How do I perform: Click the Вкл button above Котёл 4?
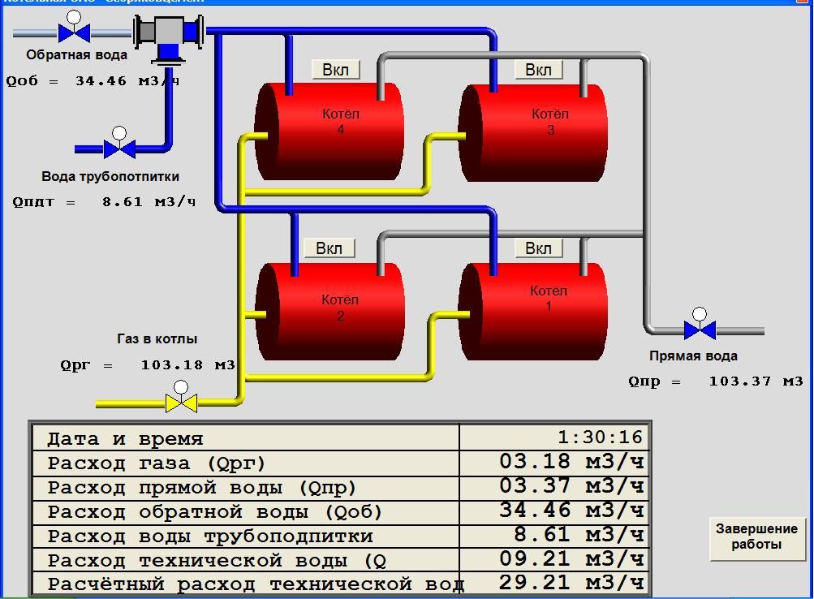coord(335,70)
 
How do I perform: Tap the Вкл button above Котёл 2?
coord(329,248)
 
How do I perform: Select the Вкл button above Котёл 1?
coord(538,248)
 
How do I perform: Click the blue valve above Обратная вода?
coord(74,32)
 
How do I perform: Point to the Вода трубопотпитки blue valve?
coord(119,149)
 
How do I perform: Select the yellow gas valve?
coord(181,403)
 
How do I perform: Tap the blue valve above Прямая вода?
coord(699,330)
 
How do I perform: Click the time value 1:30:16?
coord(600,437)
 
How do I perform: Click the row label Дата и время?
coord(125,439)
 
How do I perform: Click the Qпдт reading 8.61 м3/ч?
coord(149,202)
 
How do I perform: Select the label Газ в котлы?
coord(157,338)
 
